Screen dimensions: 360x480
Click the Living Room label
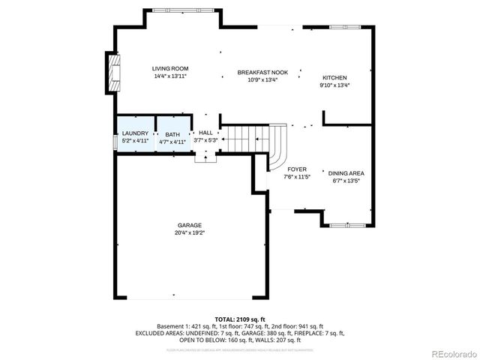[169, 68]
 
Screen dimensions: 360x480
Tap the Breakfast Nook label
[257, 72]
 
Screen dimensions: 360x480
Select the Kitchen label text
[334, 77]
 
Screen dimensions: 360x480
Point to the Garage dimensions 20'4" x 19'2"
[189, 232]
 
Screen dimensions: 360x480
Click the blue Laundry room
[135, 136]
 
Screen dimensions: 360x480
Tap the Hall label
[205, 133]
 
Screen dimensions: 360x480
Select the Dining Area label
[346, 173]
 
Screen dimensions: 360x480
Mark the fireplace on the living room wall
[114, 72]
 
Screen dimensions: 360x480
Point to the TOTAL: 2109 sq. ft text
[239, 319]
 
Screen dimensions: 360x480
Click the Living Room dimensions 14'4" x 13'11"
[169, 76]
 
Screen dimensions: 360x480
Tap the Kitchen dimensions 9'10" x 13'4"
[334, 85]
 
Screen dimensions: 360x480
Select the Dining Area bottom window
[348, 224]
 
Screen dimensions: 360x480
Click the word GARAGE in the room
[189, 225]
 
